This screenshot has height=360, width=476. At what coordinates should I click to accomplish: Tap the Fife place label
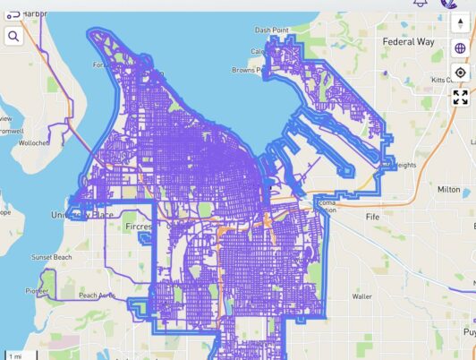tap(373, 217)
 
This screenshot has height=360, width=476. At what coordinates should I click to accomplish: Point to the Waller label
tap(362, 296)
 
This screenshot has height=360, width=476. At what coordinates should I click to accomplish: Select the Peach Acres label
tap(97, 295)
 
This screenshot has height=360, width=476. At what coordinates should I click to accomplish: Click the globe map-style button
tap(460, 48)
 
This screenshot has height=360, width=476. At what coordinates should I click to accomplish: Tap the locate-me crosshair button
tap(460, 73)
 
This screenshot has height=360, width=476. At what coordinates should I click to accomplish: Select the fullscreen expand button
tap(460, 98)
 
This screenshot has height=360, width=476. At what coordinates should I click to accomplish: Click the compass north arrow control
tap(460, 24)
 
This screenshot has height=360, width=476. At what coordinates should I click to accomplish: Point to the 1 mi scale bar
tap(15, 356)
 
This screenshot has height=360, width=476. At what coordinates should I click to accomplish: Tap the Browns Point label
tap(246, 69)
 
